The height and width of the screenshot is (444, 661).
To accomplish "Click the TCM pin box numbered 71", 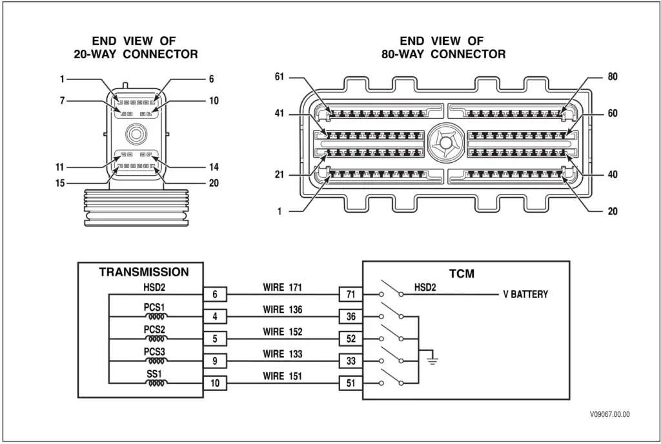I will [x=351, y=295].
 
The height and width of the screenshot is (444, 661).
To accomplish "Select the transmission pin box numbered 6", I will [x=214, y=295].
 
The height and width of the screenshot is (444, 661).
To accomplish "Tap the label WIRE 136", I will [x=282, y=310].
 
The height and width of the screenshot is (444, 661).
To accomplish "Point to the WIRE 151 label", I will [x=282, y=375].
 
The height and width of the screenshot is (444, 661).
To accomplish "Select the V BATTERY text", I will [x=525, y=295].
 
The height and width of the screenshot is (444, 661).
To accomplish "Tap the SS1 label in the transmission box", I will [x=154, y=374].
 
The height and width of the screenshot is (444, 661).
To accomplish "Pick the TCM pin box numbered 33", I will [x=351, y=361].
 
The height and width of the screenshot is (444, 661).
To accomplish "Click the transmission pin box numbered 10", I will [x=214, y=383].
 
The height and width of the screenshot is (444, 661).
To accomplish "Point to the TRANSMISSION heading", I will [x=144, y=272].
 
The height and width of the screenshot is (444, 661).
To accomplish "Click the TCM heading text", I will [x=461, y=273].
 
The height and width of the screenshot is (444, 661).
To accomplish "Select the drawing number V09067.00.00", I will [x=609, y=414].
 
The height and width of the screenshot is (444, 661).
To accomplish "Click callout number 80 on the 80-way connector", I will [x=612, y=77].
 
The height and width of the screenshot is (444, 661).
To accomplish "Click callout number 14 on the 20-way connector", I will [x=214, y=167].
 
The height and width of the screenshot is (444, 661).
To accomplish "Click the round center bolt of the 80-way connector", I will [x=445, y=143].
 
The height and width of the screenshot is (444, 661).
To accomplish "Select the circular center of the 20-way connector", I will [x=136, y=133].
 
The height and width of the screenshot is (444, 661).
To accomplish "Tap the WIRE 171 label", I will [x=282, y=288].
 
